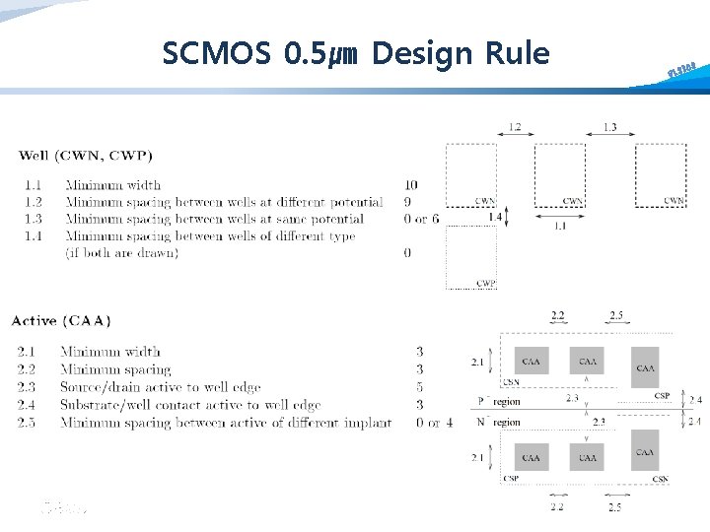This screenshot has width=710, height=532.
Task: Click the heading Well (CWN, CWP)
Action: [86, 155]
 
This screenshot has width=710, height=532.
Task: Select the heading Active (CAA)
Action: [61, 320]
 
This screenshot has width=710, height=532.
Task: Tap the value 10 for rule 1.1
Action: [410, 185]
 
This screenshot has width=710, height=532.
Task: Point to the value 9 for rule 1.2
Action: [408, 202]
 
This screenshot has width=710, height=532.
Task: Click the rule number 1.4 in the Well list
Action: [34, 236]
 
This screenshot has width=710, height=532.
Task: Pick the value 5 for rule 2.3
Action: [419, 387]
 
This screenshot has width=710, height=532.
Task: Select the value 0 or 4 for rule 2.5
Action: [435, 423]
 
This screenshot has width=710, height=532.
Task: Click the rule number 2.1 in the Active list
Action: [29, 352]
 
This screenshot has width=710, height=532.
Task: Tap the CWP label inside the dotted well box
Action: [485, 283]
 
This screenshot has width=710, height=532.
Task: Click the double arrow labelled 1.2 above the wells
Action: [515, 139]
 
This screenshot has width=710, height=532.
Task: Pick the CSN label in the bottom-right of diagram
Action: [662, 480]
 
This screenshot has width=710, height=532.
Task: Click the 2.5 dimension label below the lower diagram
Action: [614, 506]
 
